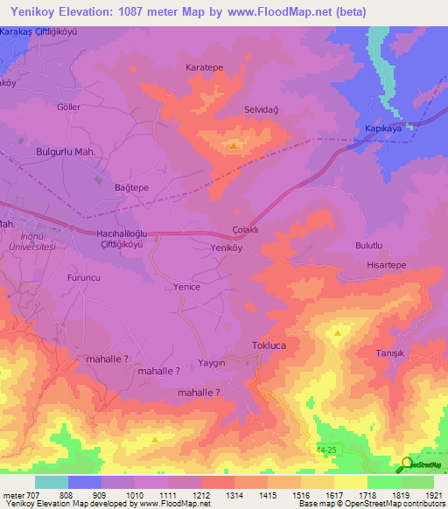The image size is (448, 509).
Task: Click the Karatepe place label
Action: click(203, 66)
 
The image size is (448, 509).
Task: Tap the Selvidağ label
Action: click(262, 110)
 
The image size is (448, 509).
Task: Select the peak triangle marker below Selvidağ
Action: click(233, 146)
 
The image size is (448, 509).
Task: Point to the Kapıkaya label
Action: click(382, 128)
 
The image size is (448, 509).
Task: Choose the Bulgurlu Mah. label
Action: click(66, 151)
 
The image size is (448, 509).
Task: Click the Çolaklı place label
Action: click(243, 222)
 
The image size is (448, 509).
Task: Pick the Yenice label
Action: click(187, 287)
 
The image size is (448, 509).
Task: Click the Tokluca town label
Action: click(269, 345)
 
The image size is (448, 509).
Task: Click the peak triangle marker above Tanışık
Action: click(338, 332)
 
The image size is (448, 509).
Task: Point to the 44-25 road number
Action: click(325, 448)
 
